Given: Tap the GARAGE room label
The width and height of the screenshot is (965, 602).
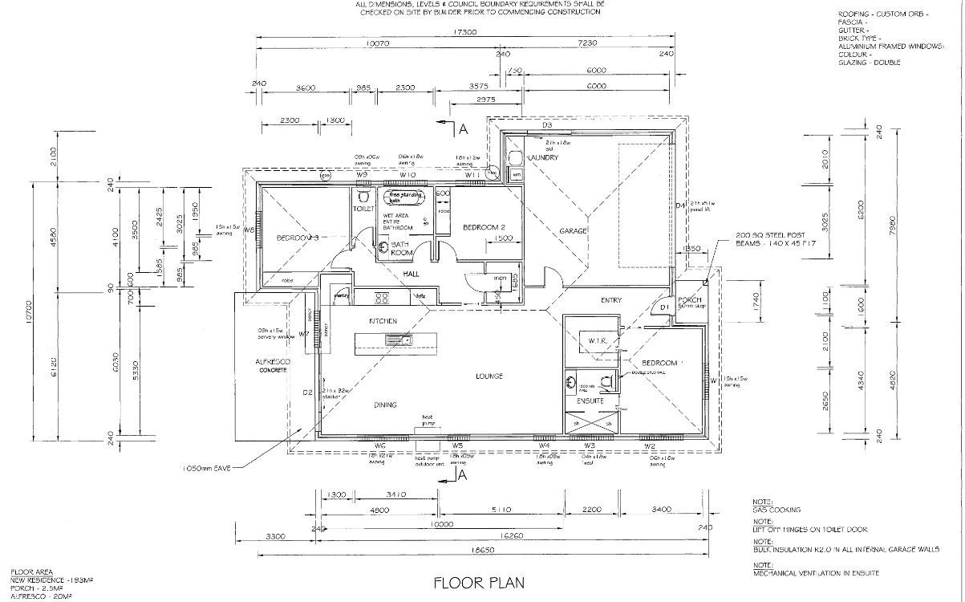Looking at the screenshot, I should tap(574, 231).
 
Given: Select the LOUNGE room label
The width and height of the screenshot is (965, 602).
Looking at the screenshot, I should tap(489, 376).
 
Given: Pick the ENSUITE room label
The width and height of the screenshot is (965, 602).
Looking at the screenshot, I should tap(590, 400).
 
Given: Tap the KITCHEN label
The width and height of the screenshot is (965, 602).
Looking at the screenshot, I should tap(383, 320).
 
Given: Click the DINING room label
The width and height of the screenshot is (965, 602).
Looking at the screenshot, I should tap(385, 405).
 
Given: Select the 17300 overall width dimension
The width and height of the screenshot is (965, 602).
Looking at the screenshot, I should tap(465, 33).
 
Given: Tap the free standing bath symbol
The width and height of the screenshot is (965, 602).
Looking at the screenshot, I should tap(405, 196).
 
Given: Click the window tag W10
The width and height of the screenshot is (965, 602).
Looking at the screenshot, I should tap(407, 174).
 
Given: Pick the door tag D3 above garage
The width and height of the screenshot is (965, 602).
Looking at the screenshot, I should tap(547, 125).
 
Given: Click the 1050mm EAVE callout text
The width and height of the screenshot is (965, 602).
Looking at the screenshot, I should tap(207, 466).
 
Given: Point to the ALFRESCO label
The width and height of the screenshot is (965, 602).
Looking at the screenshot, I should tap(274, 362).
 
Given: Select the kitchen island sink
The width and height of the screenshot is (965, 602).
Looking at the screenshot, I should tap(397, 340).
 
